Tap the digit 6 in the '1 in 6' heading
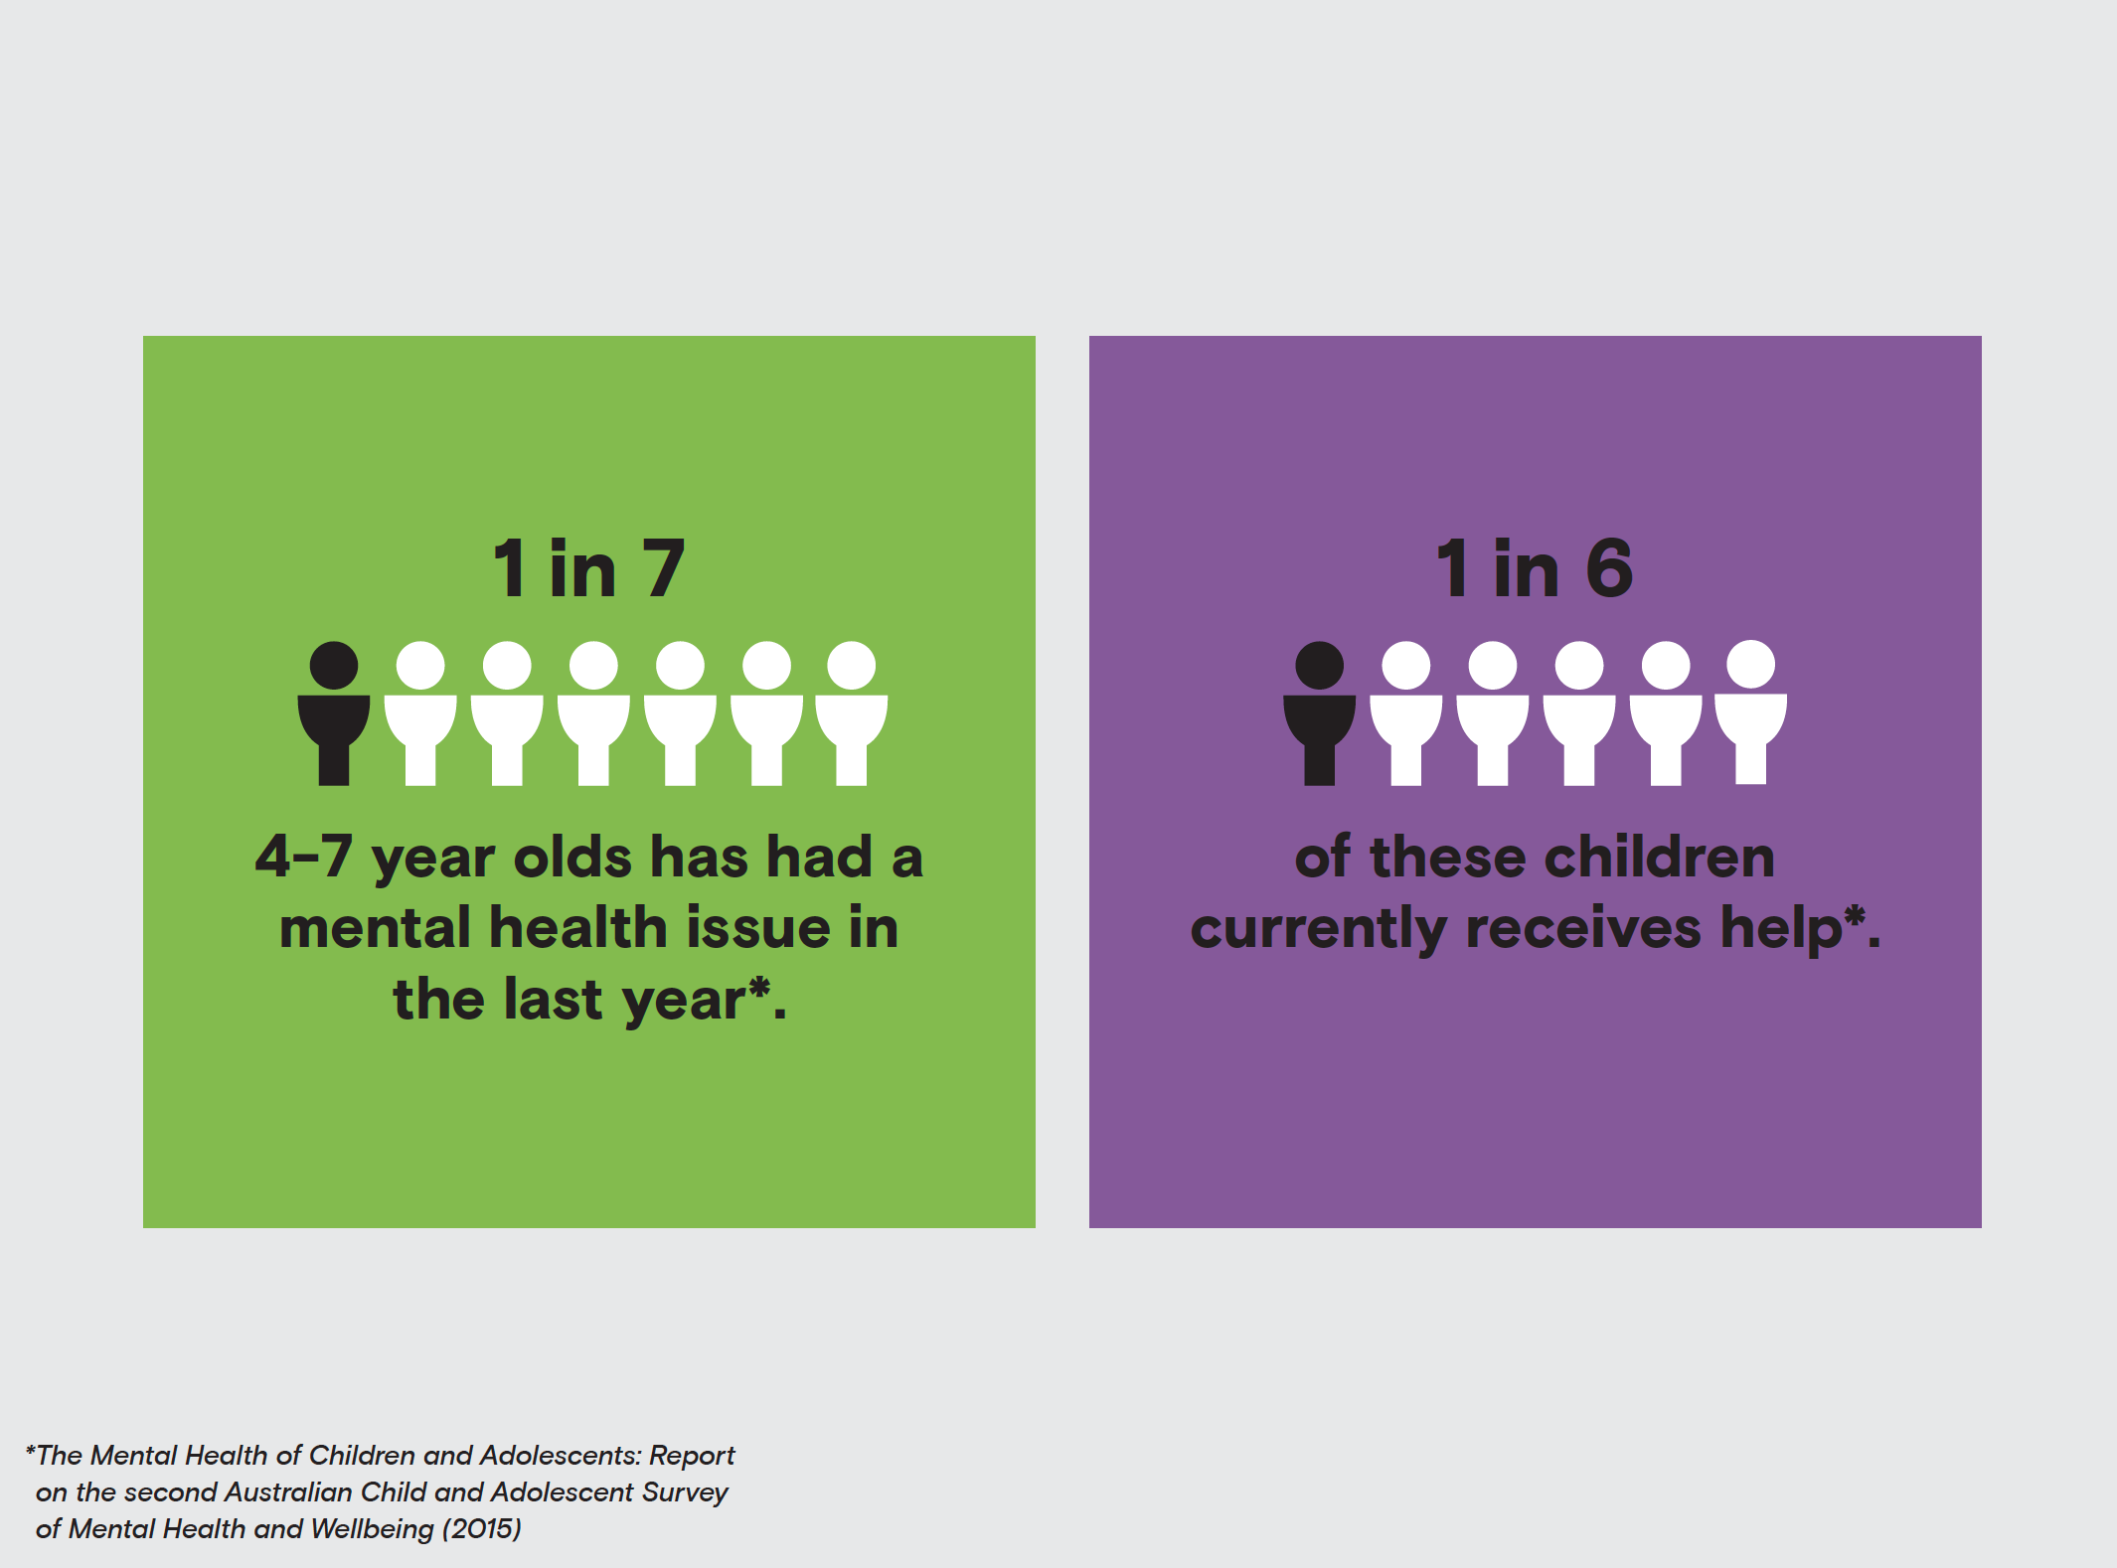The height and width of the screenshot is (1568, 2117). [1609, 568]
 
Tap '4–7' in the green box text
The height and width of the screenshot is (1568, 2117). [304, 857]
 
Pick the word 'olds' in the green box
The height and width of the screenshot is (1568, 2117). [572, 857]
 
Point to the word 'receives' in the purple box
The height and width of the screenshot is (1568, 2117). [1583, 928]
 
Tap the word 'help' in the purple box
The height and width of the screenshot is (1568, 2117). [1781, 930]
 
